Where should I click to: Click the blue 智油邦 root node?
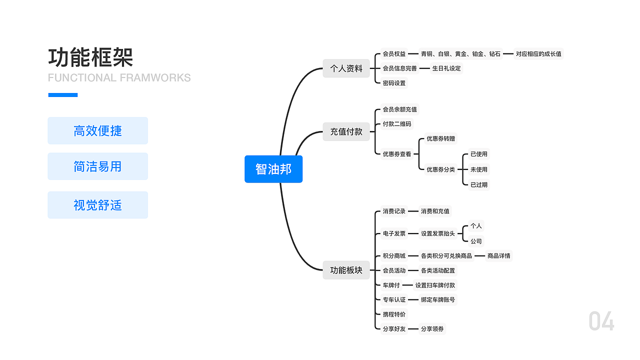click(x=273, y=169)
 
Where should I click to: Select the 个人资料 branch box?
click(x=346, y=68)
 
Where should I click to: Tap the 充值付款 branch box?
click(x=346, y=132)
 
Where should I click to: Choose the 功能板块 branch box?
click(x=346, y=270)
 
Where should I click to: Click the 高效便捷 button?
click(x=97, y=131)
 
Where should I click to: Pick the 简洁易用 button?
click(x=97, y=166)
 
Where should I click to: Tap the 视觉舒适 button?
click(x=97, y=205)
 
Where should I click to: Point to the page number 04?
click(x=601, y=321)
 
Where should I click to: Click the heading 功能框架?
click(x=90, y=57)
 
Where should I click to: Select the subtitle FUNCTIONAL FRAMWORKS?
click(x=119, y=78)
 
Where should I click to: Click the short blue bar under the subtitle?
click(x=63, y=95)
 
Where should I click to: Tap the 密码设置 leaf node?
click(x=394, y=83)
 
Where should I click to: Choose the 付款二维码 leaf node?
click(x=397, y=124)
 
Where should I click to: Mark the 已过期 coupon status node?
click(x=478, y=184)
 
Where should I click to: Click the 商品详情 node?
click(x=498, y=256)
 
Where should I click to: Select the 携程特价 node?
click(x=394, y=314)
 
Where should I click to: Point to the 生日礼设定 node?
click(x=446, y=68)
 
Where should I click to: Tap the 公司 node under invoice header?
click(x=476, y=241)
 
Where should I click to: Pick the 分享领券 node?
click(x=432, y=329)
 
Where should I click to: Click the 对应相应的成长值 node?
click(x=538, y=54)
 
